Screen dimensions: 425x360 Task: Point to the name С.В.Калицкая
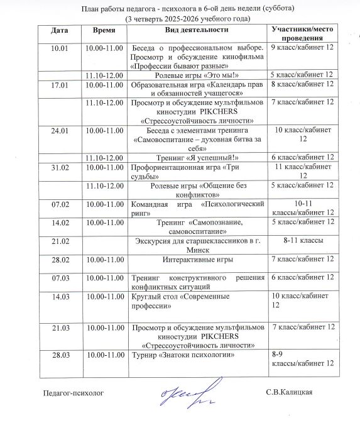pos(289,393)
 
